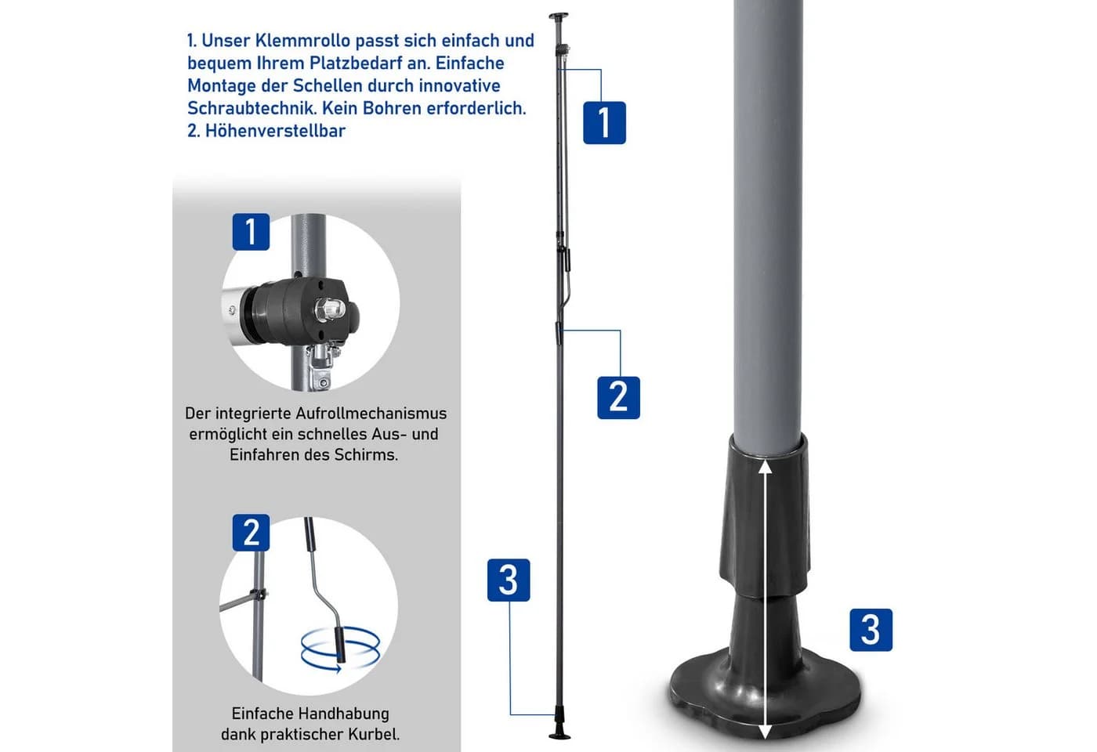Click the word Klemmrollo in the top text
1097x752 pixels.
[x=303, y=41]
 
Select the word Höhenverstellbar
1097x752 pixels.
[x=275, y=131]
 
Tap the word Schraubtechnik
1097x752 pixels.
[x=252, y=108]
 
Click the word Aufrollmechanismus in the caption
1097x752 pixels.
[x=371, y=414]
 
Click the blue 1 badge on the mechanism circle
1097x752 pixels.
[x=251, y=232]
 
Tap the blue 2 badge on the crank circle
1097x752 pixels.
[x=251, y=533]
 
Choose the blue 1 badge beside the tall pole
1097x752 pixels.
[x=604, y=123]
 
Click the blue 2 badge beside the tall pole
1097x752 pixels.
[x=618, y=398]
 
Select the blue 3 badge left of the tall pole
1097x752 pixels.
[x=509, y=580]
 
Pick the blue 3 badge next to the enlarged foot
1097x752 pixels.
[x=871, y=630]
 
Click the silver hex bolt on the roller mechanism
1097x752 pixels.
[x=331, y=309]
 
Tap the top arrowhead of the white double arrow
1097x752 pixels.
[x=766, y=467]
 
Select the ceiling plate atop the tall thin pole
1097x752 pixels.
[x=559, y=15]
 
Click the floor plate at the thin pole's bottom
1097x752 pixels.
[x=559, y=736]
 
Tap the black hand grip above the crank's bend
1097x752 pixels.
[x=310, y=534]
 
